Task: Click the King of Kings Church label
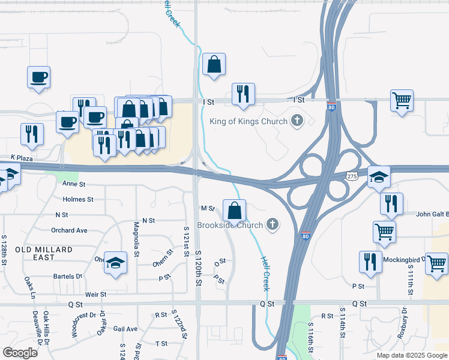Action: pyautogui.click(x=249, y=122)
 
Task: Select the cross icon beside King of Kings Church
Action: pyautogui.click(x=297, y=121)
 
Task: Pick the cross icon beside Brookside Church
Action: pyautogui.click(x=273, y=225)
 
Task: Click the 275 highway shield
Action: pyautogui.click(x=352, y=176)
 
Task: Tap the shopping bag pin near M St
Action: pyautogui.click(x=234, y=211)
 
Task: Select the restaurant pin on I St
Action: pyautogui.click(x=243, y=94)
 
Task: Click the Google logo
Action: pyautogui.click(x=20, y=352)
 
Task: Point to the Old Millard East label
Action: pyautogui.click(x=44, y=253)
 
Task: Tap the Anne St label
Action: pyautogui.click(x=74, y=185)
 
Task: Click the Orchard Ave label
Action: pyautogui.click(x=69, y=230)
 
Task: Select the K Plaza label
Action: pyautogui.click(x=21, y=157)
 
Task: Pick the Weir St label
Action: pyautogui.click(x=95, y=294)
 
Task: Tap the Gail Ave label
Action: pyautogui.click(x=125, y=329)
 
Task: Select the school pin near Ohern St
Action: pyautogui.click(x=115, y=263)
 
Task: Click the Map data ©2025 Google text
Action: pyautogui.click(x=412, y=355)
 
